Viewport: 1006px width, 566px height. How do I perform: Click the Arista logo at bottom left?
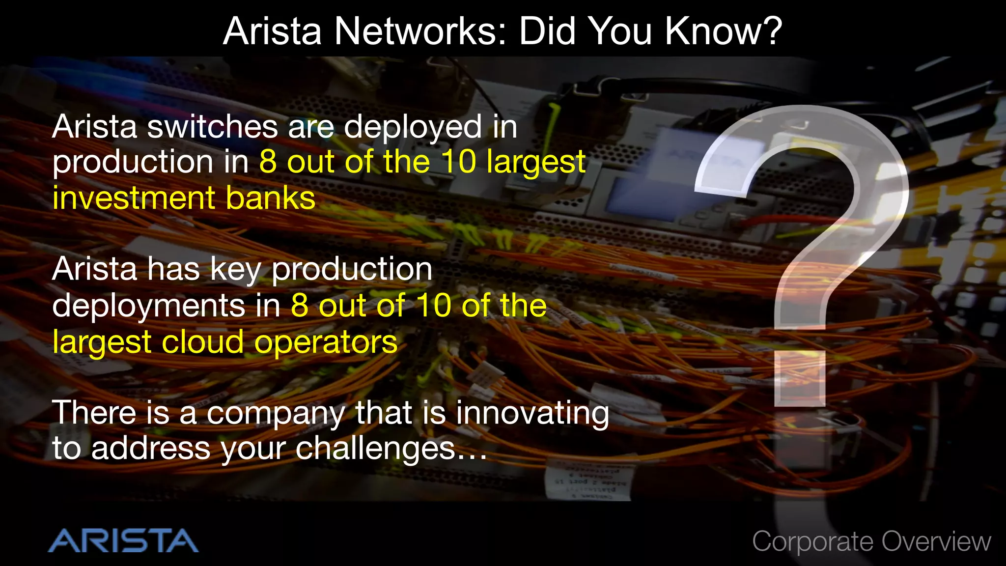click(x=123, y=540)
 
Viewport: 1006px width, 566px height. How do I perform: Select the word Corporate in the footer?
click(x=812, y=542)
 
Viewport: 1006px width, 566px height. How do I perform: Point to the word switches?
click(x=212, y=127)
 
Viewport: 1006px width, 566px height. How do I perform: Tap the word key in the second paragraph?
click(x=235, y=270)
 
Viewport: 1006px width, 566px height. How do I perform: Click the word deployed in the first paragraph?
click(x=413, y=128)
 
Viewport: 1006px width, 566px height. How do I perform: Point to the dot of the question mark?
click(x=800, y=379)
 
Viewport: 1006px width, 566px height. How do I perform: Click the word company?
click(x=276, y=414)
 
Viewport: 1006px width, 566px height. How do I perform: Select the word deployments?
click(x=148, y=307)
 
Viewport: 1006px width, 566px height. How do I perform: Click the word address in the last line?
click(x=150, y=449)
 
